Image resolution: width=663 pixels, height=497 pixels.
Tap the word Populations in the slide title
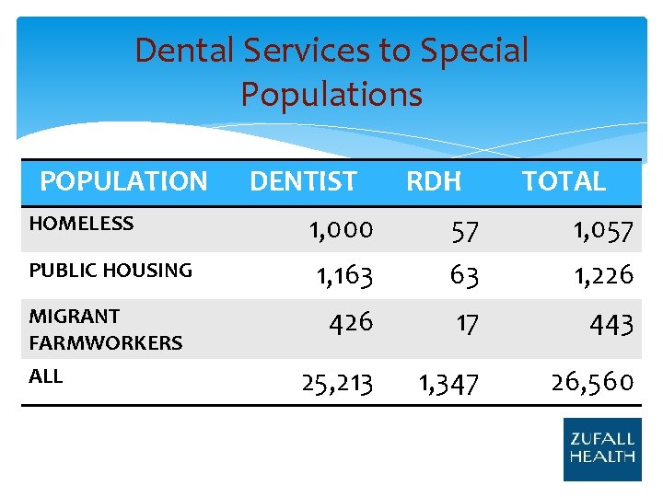point(331,94)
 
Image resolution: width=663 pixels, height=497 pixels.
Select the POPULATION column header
point(123,181)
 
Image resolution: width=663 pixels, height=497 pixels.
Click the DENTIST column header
point(303,181)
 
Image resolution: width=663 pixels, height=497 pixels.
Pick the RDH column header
point(434,181)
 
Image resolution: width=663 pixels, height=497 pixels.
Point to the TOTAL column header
point(564,181)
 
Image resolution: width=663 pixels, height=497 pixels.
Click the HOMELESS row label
point(81,224)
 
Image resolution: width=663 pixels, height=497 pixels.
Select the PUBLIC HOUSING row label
point(110,271)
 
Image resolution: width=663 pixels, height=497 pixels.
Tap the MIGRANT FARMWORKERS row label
point(105,329)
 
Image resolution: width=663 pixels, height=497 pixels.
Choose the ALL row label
point(46,376)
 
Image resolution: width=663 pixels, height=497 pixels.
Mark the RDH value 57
point(464,233)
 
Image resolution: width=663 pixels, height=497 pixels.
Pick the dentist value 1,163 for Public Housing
point(344,274)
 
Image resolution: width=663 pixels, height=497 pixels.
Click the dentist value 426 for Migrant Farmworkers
point(351,321)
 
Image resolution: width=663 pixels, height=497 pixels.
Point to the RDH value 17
point(467,324)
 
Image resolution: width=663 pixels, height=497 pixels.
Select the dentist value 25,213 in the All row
point(337,382)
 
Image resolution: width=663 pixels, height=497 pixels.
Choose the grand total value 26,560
point(592,382)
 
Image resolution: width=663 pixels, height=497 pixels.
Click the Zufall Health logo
point(601,449)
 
